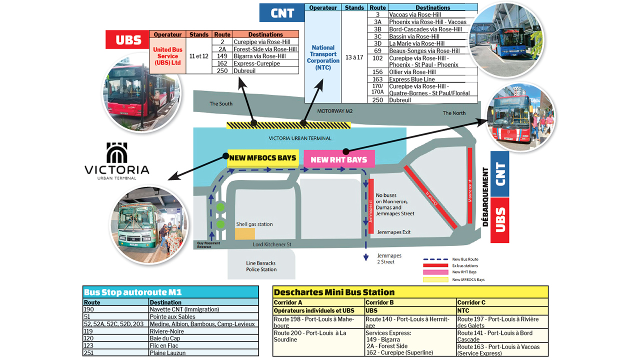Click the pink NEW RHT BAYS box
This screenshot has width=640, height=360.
339,159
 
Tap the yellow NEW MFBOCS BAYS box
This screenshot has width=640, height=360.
263,158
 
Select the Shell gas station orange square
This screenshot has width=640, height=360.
245,233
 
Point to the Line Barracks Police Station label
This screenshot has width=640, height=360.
261,266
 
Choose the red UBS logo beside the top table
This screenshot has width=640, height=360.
128,40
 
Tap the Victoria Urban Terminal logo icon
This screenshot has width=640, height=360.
117,152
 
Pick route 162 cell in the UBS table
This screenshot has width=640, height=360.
222,63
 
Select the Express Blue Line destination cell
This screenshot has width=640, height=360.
411,79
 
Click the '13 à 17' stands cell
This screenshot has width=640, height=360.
354,57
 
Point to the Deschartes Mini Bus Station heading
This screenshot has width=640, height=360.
334,292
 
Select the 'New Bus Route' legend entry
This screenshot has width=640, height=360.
465,259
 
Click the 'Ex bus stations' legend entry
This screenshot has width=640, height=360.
464,265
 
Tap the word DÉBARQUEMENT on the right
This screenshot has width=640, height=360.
485,197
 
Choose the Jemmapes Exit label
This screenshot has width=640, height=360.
394,232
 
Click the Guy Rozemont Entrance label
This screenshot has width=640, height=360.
207,244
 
